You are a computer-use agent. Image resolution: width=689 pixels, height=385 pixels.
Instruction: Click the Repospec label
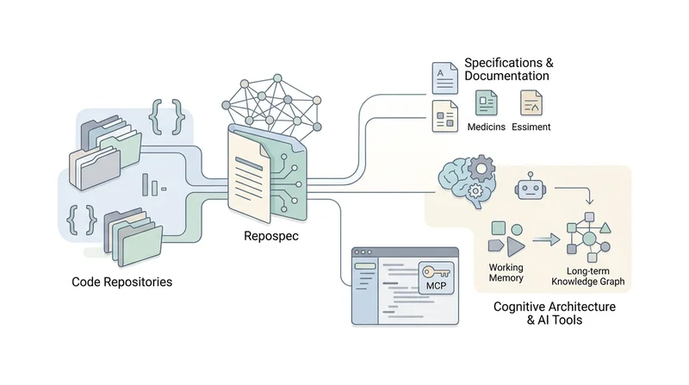point(271,236)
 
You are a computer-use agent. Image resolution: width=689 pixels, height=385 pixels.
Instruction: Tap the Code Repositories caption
point(121,282)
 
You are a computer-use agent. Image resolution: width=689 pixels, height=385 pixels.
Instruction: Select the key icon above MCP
point(436,272)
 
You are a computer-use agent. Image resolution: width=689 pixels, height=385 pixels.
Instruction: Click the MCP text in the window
point(437,286)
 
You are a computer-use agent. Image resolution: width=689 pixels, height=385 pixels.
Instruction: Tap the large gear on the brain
point(481,168)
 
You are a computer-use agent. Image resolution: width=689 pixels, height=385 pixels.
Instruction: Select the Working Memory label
point(506,272)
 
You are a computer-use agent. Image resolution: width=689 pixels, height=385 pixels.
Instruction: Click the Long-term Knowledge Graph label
point(588,276)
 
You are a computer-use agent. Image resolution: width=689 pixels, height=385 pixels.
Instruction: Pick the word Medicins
point(486,127)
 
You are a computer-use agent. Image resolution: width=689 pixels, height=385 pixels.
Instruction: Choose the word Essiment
point(531,127)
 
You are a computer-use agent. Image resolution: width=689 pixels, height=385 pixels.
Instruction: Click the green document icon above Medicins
point(487,102)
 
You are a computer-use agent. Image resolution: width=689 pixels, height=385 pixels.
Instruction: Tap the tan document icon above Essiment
point(531,102)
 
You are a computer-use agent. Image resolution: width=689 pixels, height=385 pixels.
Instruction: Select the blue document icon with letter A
point(444,78)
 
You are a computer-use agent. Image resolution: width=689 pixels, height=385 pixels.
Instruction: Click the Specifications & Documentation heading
point(509,69)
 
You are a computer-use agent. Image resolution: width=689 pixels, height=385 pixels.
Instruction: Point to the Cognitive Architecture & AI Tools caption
point(555,313)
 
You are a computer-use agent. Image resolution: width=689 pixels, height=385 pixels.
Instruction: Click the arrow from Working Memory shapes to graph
point(546,239)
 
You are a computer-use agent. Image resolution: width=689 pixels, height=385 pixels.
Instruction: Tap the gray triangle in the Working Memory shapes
point(514,246)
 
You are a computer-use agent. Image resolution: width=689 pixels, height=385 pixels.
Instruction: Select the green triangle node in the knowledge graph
point(605,227)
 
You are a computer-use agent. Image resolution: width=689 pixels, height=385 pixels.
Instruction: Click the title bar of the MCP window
point(405,252)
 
